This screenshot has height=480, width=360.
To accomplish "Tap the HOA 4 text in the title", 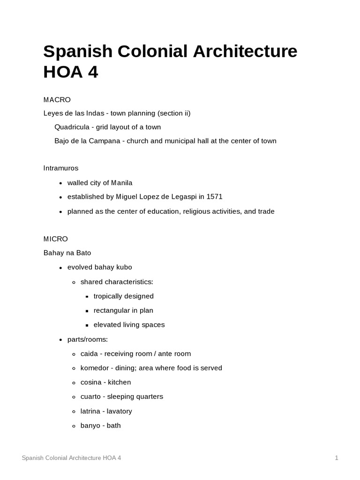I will (x=70, y=73).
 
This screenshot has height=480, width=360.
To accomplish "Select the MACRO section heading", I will (x=57, y=99).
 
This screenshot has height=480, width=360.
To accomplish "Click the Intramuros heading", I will (x=61, y=168).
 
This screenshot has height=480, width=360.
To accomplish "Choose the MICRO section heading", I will (x=56, y=239).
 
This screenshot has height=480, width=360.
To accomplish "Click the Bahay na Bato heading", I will (x=67, y=253).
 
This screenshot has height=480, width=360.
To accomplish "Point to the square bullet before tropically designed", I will (x=88, y=297).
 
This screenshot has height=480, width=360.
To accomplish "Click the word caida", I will (x=89, y=353).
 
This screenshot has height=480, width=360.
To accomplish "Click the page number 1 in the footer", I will (x=337, y=458).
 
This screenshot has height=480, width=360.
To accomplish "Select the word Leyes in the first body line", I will (x=53, y=113).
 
